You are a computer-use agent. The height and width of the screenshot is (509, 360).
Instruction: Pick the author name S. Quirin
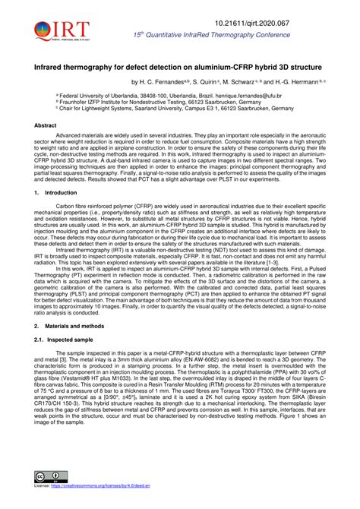tap(218, 83)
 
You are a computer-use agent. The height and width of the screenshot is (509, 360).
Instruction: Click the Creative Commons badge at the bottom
tap(49, 498)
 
